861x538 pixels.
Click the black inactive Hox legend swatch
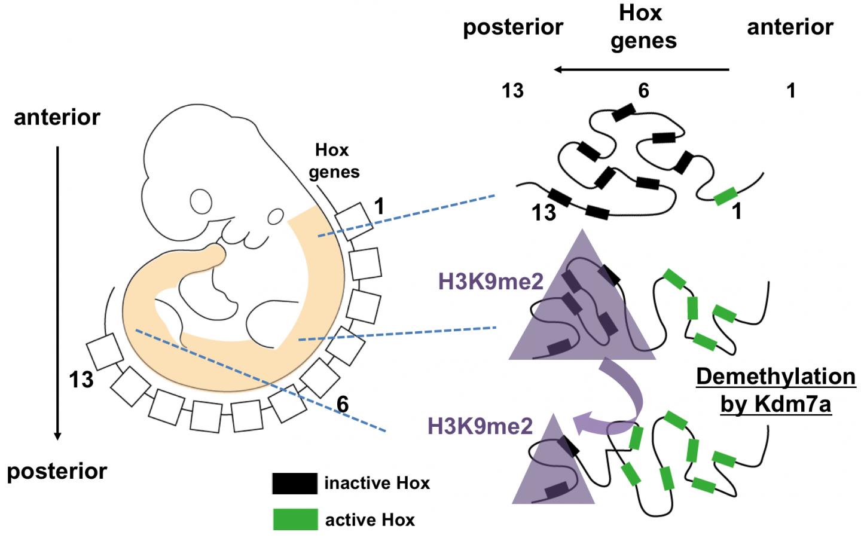click(x=295, y=483)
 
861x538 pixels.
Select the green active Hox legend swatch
click(x=295, y=519)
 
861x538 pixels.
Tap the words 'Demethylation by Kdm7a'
click(x=775, y=390)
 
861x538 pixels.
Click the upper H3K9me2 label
click(x=490, y=282)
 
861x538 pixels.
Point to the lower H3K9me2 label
click(x=480, y=426)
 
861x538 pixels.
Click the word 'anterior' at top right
click(x=790, y=27)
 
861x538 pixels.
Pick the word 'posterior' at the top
click(x=513, y=27)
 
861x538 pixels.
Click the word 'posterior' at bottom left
click(x=57, y=471)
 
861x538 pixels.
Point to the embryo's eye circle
click(x=276, y=216)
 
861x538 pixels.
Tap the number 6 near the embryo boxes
click(x=343, y=405)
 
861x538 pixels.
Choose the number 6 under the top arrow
click(x=643, y=91)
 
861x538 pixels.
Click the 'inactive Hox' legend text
click(x=377, y=483)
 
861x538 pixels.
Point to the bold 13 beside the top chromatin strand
click(x=544, y=212)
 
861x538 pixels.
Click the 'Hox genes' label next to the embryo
click(x=334, y=161)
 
